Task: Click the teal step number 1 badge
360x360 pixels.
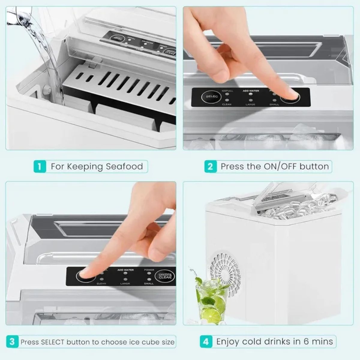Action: point(40,166)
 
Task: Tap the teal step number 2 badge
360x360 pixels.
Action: point(210,166)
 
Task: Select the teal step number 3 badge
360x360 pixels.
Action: point(12,342)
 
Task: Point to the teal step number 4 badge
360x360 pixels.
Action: point(206,342)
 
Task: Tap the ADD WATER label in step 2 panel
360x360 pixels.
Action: point(251,91)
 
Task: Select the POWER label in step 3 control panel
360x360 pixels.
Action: point(149,270)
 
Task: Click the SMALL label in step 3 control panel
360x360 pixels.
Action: point(149,283)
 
